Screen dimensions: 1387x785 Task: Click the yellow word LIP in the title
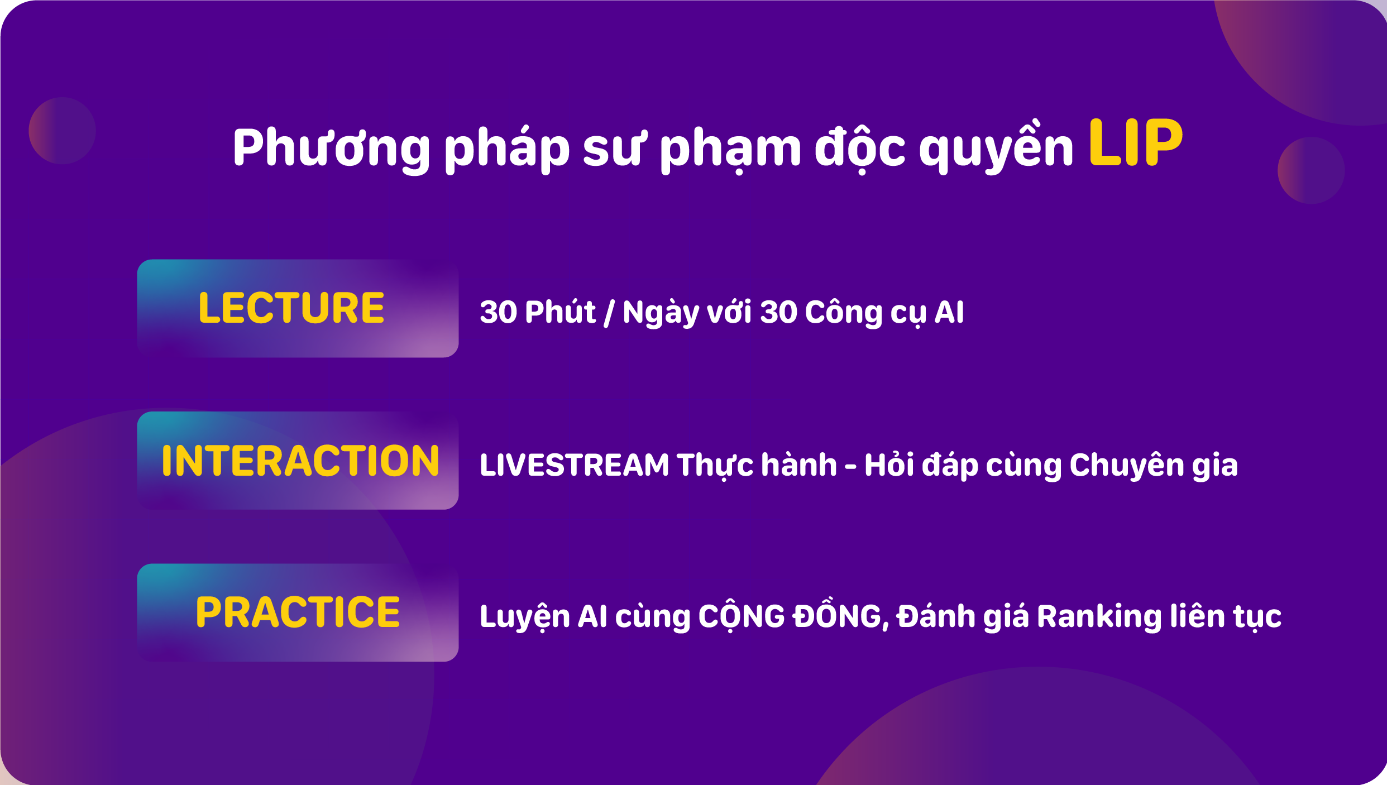1136,143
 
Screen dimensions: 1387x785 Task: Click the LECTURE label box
298,308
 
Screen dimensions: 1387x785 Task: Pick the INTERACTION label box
298,461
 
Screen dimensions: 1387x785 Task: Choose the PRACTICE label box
298,612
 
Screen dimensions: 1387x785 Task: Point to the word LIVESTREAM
574,465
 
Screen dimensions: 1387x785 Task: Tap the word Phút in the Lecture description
560,311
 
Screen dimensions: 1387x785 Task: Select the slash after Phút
609,313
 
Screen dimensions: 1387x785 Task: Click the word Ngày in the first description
661,312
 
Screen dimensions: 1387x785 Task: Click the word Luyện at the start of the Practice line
524,616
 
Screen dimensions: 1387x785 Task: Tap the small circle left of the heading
62,131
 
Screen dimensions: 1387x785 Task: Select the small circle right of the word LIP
1311,170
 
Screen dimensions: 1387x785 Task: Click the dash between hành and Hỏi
850,466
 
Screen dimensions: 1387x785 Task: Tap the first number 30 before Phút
499,312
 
